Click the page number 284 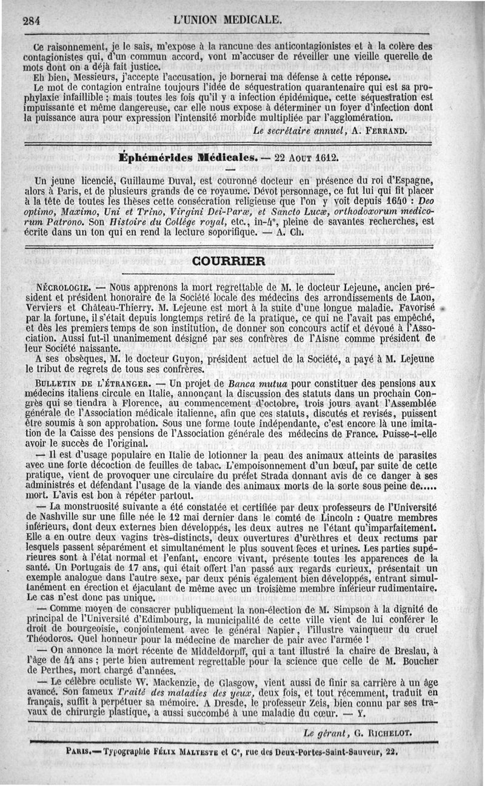coord(31,20)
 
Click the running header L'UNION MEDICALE coord(227,19)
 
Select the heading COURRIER coord(228,261)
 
